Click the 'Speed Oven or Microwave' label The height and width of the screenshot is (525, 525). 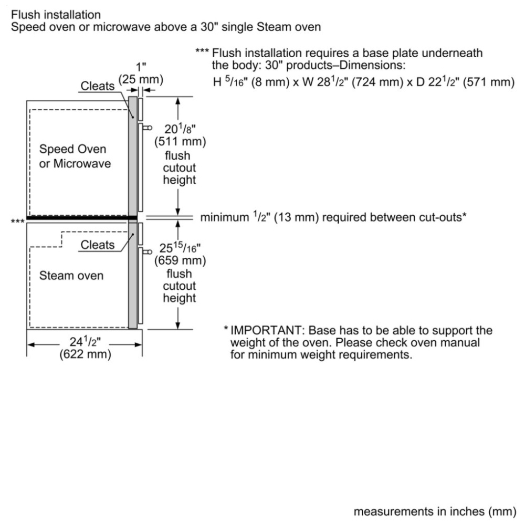(75, 156)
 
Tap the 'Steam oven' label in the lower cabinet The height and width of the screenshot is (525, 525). (71, 276)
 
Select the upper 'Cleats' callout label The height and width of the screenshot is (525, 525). (98, 86)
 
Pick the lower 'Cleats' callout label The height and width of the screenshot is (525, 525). (98, 245)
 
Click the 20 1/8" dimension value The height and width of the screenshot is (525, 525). (180, 129)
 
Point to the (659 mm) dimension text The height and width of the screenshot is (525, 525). (180, 260)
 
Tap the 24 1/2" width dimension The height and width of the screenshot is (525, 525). (85, 342)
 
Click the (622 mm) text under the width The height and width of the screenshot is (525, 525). (86, 354)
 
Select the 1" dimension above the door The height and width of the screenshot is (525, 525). (141, 67)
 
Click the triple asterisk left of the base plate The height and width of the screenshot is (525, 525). (17, 221)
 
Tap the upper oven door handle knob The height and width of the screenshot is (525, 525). (149, 128)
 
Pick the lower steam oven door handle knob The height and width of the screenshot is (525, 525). (149, 252)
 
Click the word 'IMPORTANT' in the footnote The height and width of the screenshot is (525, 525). (267, 330)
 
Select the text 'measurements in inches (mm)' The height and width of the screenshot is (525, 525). (435, 511)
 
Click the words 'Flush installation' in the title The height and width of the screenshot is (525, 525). (56, 15)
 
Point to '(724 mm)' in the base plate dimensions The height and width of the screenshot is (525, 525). (377, 82)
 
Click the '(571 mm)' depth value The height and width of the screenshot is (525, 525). (488, 82)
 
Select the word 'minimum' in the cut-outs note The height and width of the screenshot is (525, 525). (224, 217)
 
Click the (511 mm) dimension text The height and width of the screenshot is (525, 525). (180, 142)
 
